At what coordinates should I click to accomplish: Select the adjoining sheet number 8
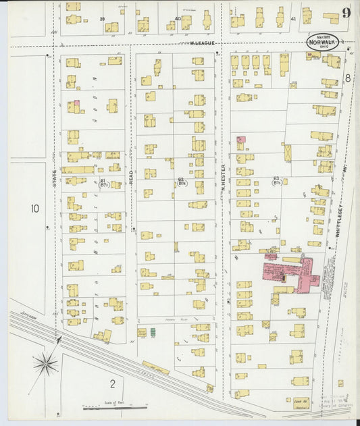pyautogui.click(x=348, y=78)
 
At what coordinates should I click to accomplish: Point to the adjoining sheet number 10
pyautogui.click(x=34, y=209)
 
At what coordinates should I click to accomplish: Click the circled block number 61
pyautogui.click(x=103, y=182)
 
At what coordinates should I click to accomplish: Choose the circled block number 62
pyautogui.click(x=181, y=181)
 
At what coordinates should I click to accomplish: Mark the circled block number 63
pyautogui.click(x=276, y=181)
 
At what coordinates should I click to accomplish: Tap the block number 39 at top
pyautogui.click(x=103, y=19)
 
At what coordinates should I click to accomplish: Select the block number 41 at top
pyautogui.click(x=293, y=19)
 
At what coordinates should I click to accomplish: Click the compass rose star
pyautogui.click(x=45, y=365)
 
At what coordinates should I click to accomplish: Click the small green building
pyautogui.click(x=153, y=331)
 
